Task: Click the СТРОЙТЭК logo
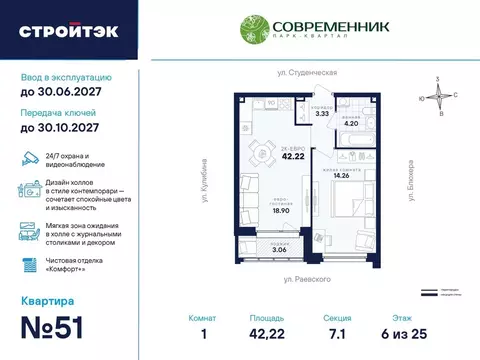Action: click(68, 30)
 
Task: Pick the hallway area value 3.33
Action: click(321, 115)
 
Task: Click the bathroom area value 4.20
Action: click(352, 124)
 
